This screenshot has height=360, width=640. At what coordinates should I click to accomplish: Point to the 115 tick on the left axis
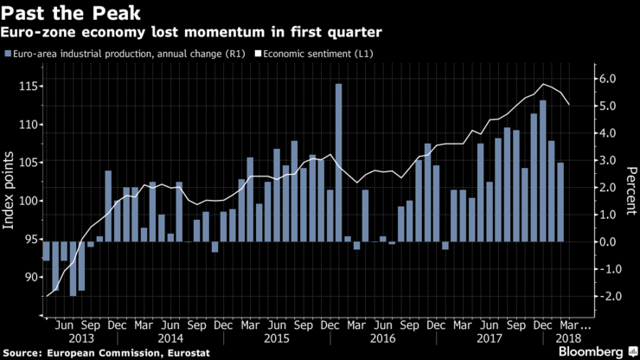point(24,87)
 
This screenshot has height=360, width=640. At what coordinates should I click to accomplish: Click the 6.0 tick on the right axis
point(606,79)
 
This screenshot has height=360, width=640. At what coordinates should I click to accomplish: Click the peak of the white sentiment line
point(542,84)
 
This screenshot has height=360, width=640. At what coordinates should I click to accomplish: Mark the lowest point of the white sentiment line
point(46,296)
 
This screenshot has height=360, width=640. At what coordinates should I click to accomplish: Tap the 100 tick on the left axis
point(24,201)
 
